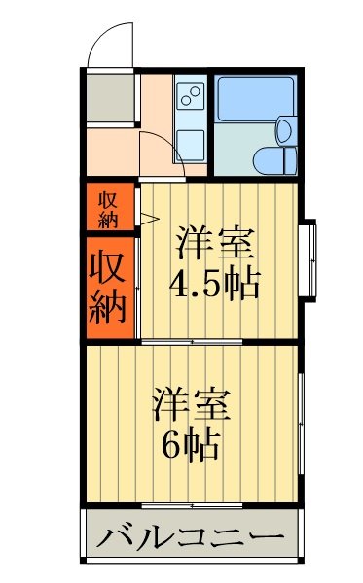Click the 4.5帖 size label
(214, 283)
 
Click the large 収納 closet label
(110, 289)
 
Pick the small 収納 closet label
(108, 207)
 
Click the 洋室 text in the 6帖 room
(192, 402)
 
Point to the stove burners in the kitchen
(191, 98)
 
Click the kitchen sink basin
(191, 144)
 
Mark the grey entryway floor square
(109, 98)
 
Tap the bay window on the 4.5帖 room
(310, 259)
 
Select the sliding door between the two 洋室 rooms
(190, 341)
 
